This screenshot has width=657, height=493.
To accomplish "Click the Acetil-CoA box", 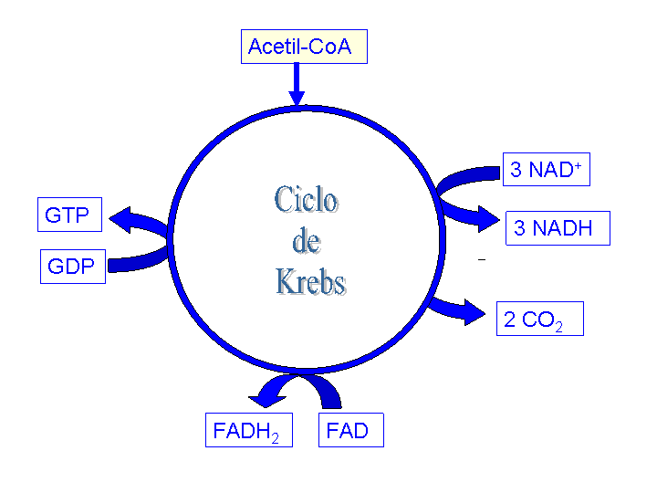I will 304,47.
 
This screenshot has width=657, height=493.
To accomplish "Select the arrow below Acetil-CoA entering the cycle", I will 297,86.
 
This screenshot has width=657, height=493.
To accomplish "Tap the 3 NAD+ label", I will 546,170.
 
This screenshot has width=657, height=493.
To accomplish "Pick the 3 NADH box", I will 558,228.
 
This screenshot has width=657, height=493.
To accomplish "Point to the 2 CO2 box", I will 539,320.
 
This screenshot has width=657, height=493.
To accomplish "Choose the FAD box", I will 351,431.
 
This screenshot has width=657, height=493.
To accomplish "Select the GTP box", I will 68,215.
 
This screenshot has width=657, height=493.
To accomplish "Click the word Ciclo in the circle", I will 307,200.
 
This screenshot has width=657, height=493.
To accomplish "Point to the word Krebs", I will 311,282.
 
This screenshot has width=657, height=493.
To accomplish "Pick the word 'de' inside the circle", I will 307,242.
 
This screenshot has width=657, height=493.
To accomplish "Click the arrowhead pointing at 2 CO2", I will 474,313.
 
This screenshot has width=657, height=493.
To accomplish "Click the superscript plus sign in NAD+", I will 578,163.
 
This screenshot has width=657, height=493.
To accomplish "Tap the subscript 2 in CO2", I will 558,326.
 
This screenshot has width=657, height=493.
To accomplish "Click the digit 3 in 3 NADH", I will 520,228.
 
